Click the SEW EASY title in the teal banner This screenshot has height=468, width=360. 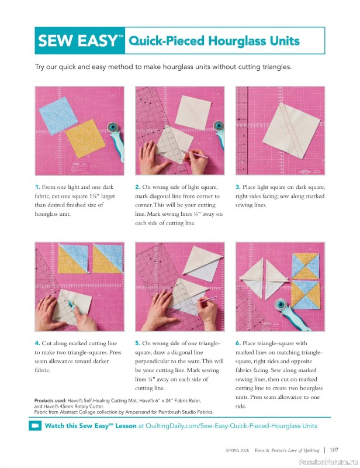point(80,41)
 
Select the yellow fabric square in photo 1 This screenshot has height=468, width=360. point(85,139)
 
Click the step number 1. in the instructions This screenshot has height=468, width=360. point(37,187)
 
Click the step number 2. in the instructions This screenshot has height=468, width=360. point(138,187)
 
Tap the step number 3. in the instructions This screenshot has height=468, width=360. point(238,187)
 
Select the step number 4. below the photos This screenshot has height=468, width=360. point(37,343)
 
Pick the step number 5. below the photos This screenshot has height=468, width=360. point(138,343)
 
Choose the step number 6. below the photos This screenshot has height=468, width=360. point(238,343)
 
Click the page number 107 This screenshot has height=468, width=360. point(334,450)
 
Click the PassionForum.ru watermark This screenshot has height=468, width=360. point(331,461)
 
